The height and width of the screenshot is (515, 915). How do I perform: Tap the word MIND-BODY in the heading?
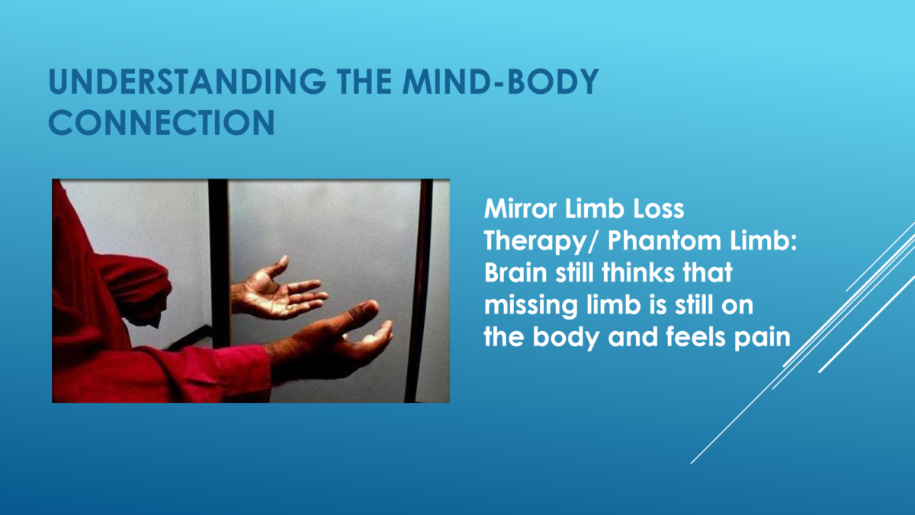pos(501,82)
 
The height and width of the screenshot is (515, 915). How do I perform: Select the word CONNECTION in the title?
pos(162,122)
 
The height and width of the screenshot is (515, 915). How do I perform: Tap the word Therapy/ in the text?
pos(541,242)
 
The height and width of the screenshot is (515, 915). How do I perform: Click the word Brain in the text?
pos(515,272)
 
